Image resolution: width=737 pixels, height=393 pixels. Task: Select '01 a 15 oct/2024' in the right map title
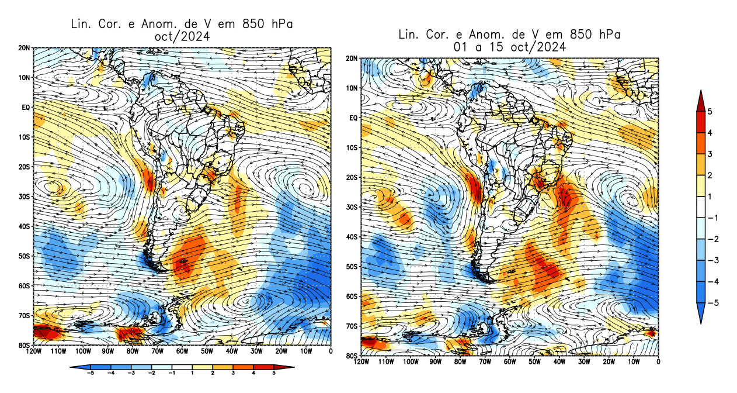pos(509,47)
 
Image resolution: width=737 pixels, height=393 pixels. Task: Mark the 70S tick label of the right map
pos(350,326)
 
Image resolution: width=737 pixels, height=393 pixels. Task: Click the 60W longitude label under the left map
pos(182,351)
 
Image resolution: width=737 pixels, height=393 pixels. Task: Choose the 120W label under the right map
pos(361,362)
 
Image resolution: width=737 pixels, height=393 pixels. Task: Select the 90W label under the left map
pos(107,351)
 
